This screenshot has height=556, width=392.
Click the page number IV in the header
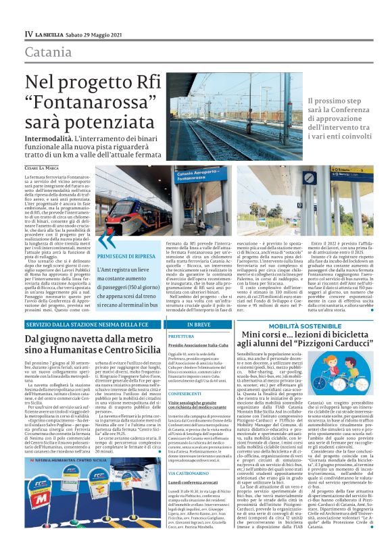pyautogui.click(x=28, y=34)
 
